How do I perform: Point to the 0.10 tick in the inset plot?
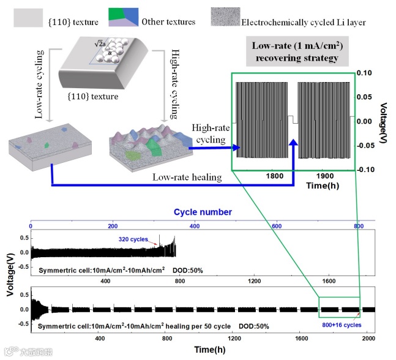click(367, 73)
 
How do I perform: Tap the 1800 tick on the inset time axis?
click(275, 176)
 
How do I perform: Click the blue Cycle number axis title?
click(203, 212)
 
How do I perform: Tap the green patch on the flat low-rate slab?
click(46, 145)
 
